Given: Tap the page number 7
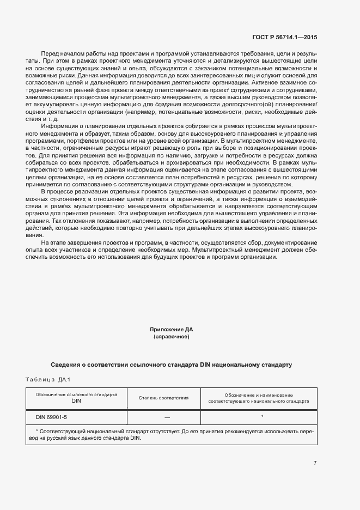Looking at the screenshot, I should [x=315, y=463].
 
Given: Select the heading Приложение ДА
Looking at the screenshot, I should [x=172, y=330].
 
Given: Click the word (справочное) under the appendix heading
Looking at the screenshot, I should [x=172, y=337].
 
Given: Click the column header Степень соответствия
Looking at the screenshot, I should [x=163, y=398].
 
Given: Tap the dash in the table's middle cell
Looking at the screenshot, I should [x=167, y=417].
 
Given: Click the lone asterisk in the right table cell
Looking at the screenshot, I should [x=262, y=417].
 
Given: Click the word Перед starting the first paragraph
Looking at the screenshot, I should [x=50, y=54].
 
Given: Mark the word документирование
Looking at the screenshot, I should [x=289, y=242].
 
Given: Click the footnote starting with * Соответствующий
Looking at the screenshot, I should [x=172, y=434].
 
